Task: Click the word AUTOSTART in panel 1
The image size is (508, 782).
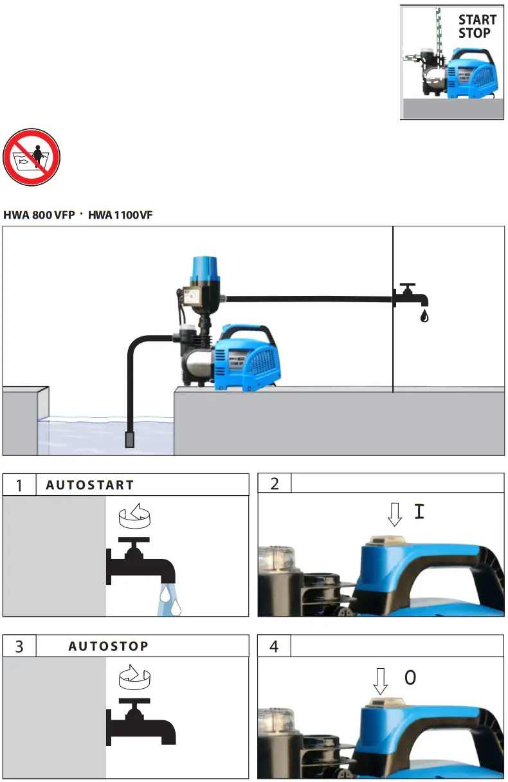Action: pos(89,485)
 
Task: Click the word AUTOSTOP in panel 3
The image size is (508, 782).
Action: pos(108,646)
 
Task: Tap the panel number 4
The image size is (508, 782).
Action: pos(274,646)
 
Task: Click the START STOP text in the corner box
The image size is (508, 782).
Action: pos(476,26)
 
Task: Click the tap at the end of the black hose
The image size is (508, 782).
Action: pos(411,295)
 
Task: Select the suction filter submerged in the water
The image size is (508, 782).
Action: pos(129,440)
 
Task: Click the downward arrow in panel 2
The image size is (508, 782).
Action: pos(395,513)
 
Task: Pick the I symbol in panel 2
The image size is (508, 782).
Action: pos(419,512)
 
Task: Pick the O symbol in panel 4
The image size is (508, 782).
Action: pos(410,677)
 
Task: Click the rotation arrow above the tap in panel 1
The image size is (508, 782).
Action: pos(134,516)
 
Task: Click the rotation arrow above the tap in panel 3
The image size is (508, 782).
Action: pos(134,677)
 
